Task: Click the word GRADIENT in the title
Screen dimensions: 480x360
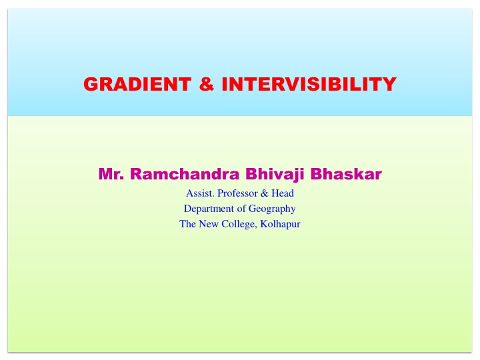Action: pyautogui.click(x=137, y=84)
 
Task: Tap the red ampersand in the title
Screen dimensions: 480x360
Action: pyautogui.click(x=207, y=84)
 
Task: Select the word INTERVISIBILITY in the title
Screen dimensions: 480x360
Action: pyautogui.click(x=309, y=84)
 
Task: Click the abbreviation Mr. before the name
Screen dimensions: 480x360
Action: pyautogui.click(x=111, y=174)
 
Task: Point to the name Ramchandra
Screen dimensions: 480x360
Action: pyautogui.click(x=185, y=174)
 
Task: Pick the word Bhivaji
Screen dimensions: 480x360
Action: pyautogui.click(x=275, y=175)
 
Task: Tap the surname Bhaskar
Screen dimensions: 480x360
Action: pyautogui.click(x=346, y=174)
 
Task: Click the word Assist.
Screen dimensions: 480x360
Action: pyautogui.click(x=200, y=193)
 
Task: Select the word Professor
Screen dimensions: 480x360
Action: pyautogui.click(x=237, y=193)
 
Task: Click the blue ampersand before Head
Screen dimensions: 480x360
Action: pyautogui.click(x=265, y=193)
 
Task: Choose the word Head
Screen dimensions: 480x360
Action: pyautogui.click(x=283, y=193)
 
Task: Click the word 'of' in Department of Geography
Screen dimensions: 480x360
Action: pyautogui.click(x=241, y=209)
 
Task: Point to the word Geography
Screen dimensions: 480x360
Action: pyautogui.click(x=272, y=209)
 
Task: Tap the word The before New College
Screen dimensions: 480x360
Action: pyautogui.click(x=187, y=224)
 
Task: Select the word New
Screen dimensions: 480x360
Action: pyautogui.click(x=209, y=224)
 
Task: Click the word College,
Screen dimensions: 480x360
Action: pyautogui.click(x=239, y=225)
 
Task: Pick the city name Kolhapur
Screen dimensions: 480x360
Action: pyautogui.click(x=280, y=225)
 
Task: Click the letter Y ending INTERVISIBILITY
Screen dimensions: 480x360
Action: pyautogui.click(x=389, y=84)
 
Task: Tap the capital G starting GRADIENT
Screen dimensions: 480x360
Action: pyautogui.click(x=91, y=84)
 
